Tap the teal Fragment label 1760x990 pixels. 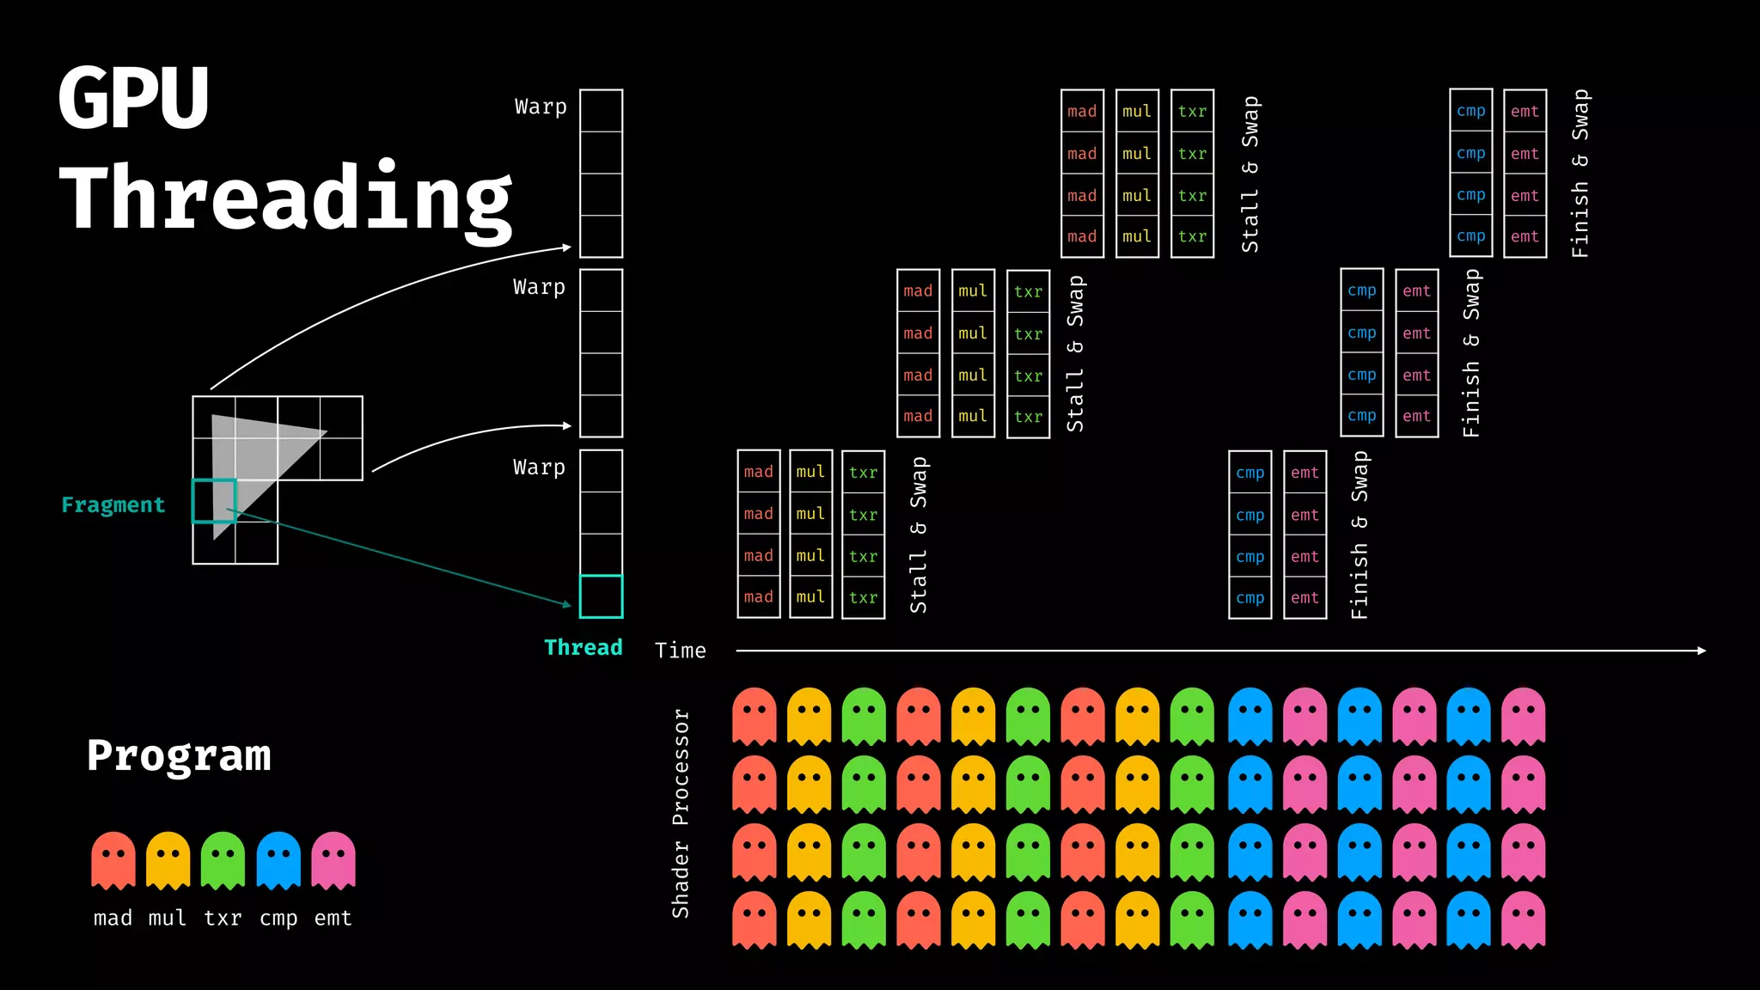pos(113,504)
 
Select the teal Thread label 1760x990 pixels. pos(583,647)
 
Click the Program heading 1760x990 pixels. pos(179,756)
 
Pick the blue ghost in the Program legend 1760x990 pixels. pos(278,859)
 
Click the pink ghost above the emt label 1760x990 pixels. pos(333,859)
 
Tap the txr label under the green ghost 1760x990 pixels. pos(223,918)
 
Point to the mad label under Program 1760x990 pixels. pos(113,918)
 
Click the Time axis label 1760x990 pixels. pos(680,651)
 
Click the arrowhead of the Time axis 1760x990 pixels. pos(1702,651)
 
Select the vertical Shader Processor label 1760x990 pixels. pos(681,813)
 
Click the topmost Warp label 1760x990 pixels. pos(541,107)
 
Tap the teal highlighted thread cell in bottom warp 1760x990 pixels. pos(601,596)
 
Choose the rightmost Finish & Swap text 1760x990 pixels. pos(1580,173)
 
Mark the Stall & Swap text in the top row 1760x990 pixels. pos(1250,174)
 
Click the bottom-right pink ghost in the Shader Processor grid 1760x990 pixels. pos(1523,920)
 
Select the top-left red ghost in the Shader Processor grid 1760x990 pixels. pos(754,715)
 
